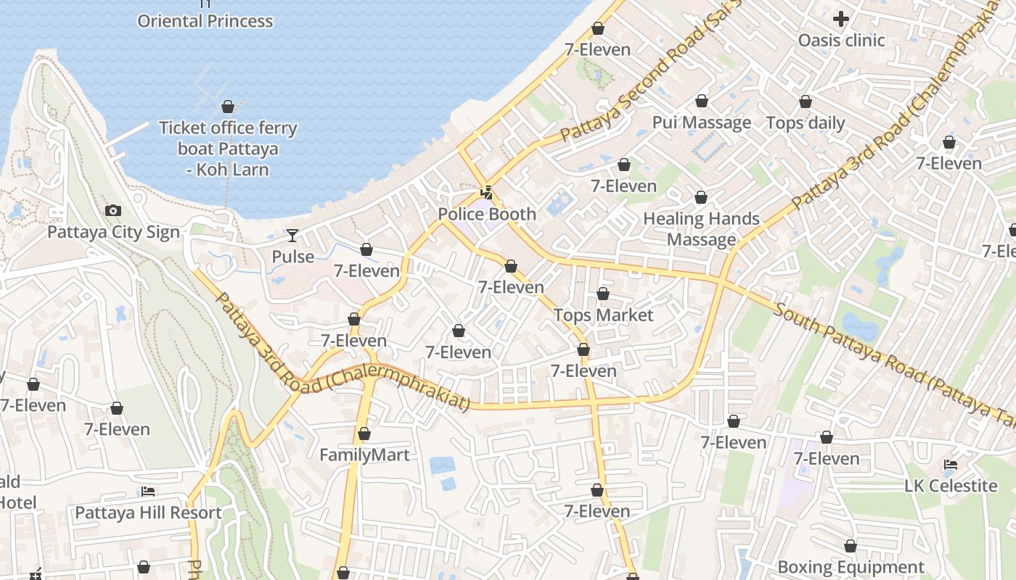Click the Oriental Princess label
205,21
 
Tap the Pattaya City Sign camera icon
113,211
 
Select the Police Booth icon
487,193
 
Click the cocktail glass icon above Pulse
292,235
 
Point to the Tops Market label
603,315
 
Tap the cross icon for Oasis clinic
841,19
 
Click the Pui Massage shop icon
701,101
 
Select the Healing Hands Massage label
701,229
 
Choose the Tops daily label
806,123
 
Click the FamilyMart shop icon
364,434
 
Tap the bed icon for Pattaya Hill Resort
148,492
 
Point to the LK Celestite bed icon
951,464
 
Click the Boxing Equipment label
851,567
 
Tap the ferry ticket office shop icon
228,107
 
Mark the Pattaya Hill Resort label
148,513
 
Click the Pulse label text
293,257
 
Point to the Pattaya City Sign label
113,233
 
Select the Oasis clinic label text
841,41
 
